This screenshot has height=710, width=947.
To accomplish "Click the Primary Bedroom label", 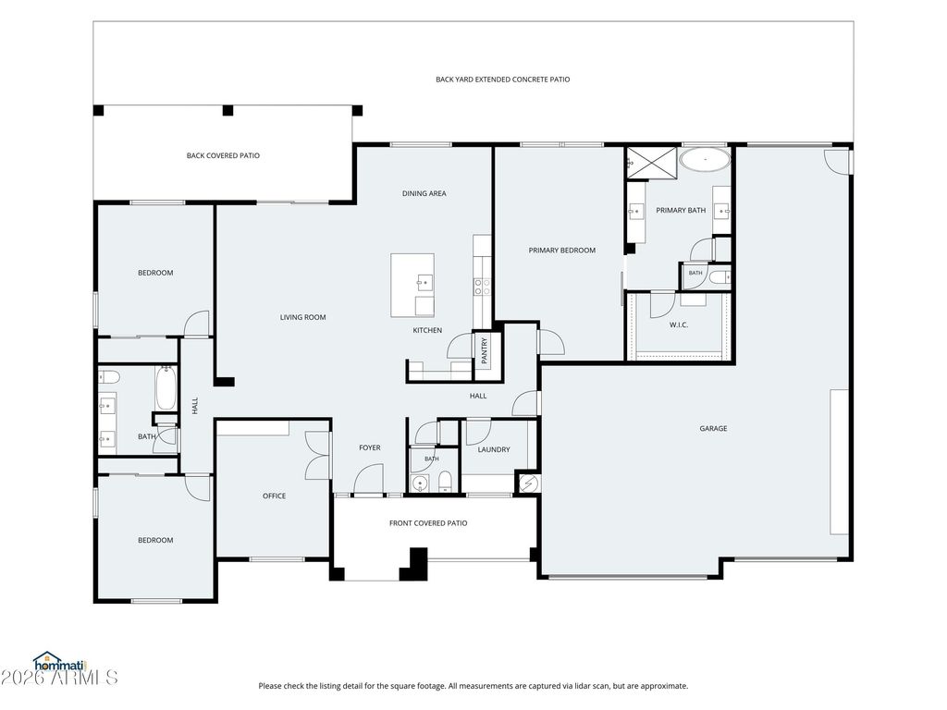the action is pos(561,250).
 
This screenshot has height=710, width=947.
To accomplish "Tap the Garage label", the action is pos(713,429).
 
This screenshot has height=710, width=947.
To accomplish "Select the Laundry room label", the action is pos(494,450).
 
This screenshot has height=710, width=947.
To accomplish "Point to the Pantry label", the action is pos(485,350).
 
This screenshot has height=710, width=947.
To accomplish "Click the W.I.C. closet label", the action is pos(678,324).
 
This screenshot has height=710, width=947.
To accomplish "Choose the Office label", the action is pos(274,496).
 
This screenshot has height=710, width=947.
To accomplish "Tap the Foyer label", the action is pos(370,447).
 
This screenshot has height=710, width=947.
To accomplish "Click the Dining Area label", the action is pos(424,193).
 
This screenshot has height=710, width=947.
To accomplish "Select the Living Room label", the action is pos(302,317).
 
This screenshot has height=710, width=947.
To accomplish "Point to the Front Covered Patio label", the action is pos(428,523).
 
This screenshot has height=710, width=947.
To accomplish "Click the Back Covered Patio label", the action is pos(223,155).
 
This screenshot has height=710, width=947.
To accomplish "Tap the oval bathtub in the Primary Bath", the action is pos(705,159).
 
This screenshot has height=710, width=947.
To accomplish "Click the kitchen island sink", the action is pos(424,282).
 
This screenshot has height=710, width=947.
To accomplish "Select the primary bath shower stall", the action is pos(652,163).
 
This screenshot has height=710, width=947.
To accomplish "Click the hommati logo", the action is pos(60,661).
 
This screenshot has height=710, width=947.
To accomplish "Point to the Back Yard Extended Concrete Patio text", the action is pos(502,80).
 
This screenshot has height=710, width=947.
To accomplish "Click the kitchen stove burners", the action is pos(482,287).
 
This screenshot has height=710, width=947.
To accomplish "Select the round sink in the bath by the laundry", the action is pos(419,483).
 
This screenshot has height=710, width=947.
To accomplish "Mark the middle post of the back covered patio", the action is pos(228,111).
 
